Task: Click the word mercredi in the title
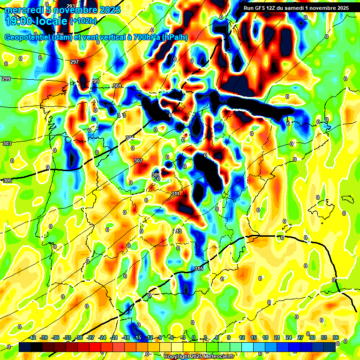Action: pyautogui.click(x=23, y=10)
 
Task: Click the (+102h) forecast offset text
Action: pyautogui.click(x=83, y=21)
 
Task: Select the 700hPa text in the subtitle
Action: pyautogui.click(x=146, y=37)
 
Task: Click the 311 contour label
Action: pyautogui.click(x=176, y=194)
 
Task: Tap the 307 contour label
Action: pyautogui.click(x=138, y=161)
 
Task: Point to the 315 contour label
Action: pyautogui.click(x=199, y=269)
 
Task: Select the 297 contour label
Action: pyautogui.click(x=75, y=62)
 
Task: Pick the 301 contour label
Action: pyautogui.click(x=117, y=86)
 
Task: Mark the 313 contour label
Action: pyautogui.click(x=177, y=231)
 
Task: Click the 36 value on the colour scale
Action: pyautogui.click(x=336, y=337)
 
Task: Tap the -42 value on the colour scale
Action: pyautogui.click(x=32, y=337)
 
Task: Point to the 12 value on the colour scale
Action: pyautogui.click(x=241, y=337)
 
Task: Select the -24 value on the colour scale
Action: pyautogui.click(x=102, y=337)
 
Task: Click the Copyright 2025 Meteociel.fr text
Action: pyautogui.click(x=199, y=356)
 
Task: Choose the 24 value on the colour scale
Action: pyautogui.click(x=288, y=337)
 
